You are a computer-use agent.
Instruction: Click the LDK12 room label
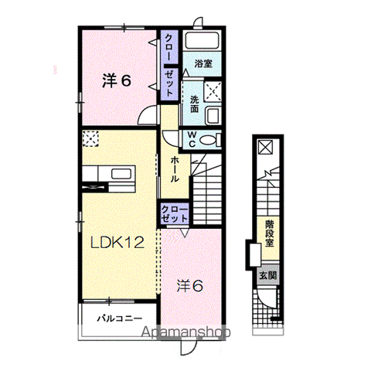117,243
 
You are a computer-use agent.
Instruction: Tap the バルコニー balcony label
120,318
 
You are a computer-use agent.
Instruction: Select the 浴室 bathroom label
203,63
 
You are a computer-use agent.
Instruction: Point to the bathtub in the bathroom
203,40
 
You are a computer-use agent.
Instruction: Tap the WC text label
192,139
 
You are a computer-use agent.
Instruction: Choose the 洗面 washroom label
195,104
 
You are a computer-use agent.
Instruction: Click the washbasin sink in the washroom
213,116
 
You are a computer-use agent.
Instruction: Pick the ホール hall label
175,169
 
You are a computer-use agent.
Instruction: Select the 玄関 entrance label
268,276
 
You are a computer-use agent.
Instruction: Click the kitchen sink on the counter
119,174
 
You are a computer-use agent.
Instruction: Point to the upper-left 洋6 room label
117,80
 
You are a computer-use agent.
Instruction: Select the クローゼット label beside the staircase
175,214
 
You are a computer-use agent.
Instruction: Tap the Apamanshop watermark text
186,332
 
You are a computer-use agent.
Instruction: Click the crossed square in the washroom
213,91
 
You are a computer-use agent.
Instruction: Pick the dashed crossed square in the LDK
90,139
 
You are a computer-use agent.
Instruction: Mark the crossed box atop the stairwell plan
266,148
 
